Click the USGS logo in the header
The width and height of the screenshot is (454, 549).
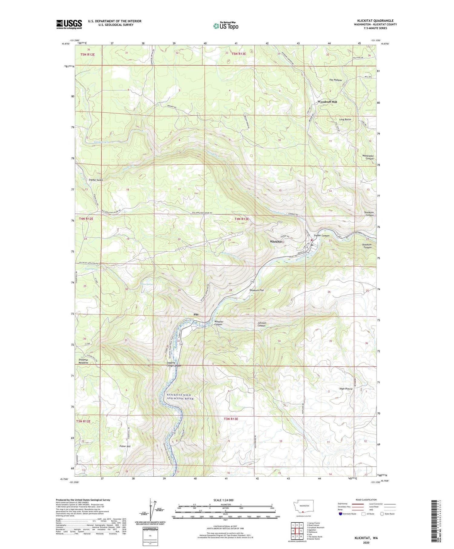coord(69,24)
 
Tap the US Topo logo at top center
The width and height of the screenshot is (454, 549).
coord(225,26)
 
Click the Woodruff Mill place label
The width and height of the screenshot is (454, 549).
coord(327,102)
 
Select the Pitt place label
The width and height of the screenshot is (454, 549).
coord(196,315)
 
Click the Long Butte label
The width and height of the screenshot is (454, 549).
coord(345,120)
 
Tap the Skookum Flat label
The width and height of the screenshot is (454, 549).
coord(256,290)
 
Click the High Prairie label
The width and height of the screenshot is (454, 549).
coord(346,389)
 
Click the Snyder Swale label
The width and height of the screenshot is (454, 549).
coord(96,180)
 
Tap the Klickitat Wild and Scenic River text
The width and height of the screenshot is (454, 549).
coord(180,397)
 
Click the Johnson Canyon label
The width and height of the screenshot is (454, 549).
coord(262,324)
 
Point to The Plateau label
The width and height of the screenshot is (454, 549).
coord(335,80)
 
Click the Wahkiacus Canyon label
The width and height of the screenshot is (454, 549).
coord(368,157)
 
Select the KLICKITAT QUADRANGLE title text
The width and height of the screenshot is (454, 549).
coord(375,21)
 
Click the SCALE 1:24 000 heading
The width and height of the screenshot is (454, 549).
coord(225,500)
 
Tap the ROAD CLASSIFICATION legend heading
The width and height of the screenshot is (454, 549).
coord(366,500)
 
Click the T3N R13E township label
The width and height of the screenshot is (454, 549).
coord(231,419)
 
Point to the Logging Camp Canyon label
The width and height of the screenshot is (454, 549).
coord(174,364)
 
